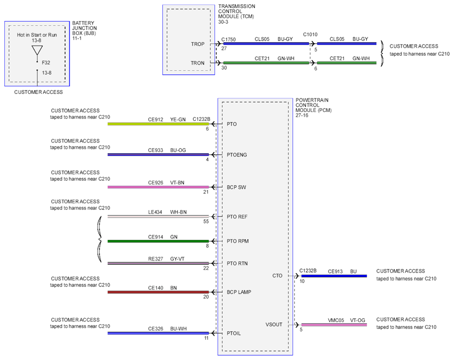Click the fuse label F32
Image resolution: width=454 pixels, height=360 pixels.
click(46, 63)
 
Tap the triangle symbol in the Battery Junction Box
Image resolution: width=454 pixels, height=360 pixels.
click(37, 50)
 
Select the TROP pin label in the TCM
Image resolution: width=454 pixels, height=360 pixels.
click(197, 44)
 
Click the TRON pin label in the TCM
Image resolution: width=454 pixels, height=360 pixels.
click(197, 63)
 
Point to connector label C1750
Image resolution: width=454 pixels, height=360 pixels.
click(229, 39)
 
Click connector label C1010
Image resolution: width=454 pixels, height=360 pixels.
click(310, 34)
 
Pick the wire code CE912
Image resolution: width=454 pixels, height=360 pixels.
click(156, 119)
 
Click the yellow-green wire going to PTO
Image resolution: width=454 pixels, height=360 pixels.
click(158, 124)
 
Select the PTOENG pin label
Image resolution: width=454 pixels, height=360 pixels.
click(237, 155)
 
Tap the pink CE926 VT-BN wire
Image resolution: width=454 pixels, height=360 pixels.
click(158, 187)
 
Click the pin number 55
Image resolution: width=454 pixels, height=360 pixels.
click(206, 222)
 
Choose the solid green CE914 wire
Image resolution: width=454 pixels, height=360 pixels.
click(158, 241)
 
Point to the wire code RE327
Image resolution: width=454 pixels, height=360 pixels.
click(156, 259)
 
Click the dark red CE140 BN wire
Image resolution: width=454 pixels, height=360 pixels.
click(158, 292)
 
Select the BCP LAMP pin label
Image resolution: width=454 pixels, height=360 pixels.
click(239, 292)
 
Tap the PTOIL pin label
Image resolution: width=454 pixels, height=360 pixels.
click(234, 333)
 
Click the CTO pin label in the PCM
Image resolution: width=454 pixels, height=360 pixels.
click(277, 275)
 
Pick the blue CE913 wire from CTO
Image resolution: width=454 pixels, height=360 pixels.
click(334, 276)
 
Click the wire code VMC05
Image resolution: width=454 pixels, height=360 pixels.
click(336, 321)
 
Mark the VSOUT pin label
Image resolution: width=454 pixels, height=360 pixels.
click(274, 324)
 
